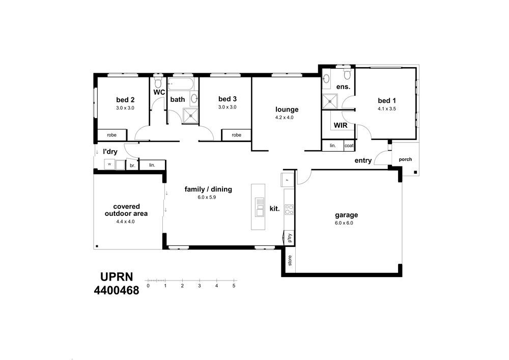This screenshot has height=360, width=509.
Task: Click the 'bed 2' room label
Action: pyautogui.click(x=125, y=100)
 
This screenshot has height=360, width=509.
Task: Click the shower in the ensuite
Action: pyautogui.click(x=330, y=101)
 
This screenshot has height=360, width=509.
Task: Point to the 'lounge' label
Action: pyautogui.click(x=287, y=109)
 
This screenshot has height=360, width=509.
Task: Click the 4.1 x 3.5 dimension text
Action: pyautogui.click(x=387, y=109)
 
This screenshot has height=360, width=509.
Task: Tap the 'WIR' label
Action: pyautogui.click(x=341, y=125)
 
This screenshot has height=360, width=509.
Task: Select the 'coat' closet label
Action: pyautogui.click(x=349, y=146)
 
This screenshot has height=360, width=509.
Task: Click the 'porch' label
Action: pyautogui.click(x=405, y=159)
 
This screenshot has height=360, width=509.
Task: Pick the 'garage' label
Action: pyautogui.click(x=346, y=215)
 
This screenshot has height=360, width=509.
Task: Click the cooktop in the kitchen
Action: pyautogui.click(x=289, y=209)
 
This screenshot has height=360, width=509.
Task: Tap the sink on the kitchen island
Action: pyautogui.click(x=260, y=207)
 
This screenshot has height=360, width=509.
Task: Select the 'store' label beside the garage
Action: pyautogui.click(x=290, y=260)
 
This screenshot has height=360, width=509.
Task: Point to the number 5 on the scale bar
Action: pyautogui.click(x=234, y=286)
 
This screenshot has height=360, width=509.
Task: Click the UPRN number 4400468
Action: pyautogui.click(x=117, y=290)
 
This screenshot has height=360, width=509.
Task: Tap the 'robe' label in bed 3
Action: pyautogui.click(x=237, y=135)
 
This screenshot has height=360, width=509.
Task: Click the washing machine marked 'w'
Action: pyautogui.click(x=109, y=164)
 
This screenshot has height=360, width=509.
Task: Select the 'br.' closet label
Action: pyautogui.click(x=132, y=165)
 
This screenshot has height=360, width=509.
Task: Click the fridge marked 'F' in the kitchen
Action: pyautogui.click(x=287, y=180)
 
